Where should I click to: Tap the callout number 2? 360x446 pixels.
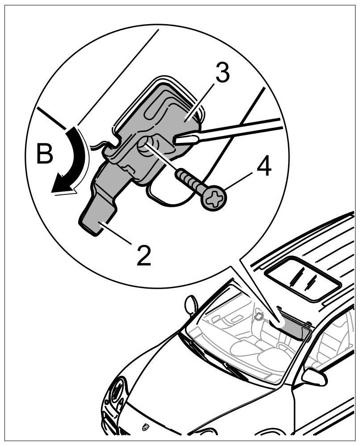coord(144,255)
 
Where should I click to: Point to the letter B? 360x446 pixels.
coord(44,154)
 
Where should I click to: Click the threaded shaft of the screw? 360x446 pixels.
coord(190,181)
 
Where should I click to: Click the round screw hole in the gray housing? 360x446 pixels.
coord(147,146)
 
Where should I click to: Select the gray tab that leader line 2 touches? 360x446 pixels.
coord(96,219)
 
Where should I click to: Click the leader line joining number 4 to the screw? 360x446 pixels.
coord(239,183)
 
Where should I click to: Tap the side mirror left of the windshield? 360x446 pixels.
coord(191,306)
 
